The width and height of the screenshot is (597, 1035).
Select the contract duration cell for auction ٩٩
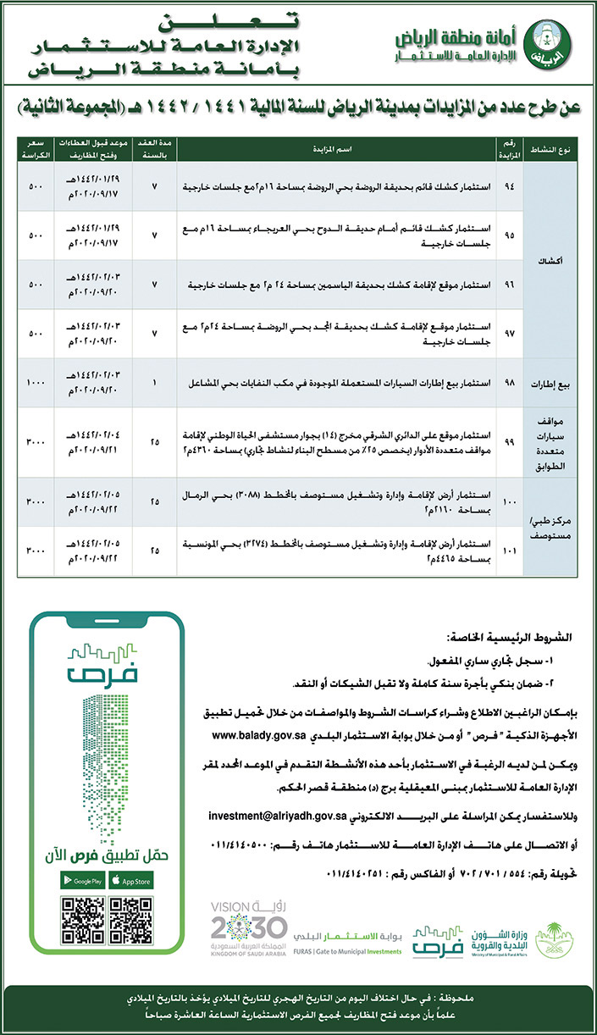point(153,442)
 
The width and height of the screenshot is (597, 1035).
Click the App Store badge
point(131,880)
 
